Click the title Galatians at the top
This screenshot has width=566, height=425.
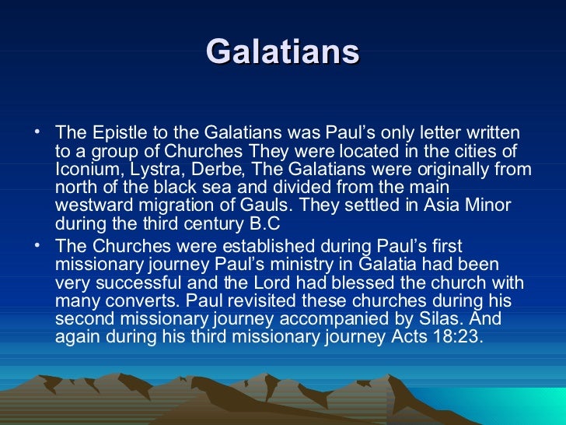coord(283,52)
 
